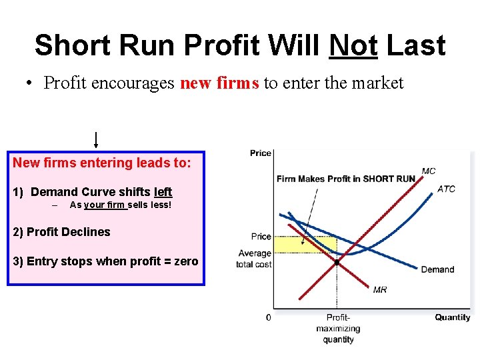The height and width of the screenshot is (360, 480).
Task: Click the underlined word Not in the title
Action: click(353, 46)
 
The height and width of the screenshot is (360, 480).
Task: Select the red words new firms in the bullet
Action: click(220, 83)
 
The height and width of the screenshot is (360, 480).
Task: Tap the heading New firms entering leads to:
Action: click(101, 163)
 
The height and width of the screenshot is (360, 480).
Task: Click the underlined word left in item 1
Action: click(163, 192)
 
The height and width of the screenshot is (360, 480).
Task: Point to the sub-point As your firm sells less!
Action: click(120, 205)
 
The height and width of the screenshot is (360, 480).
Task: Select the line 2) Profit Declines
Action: click(62, 232)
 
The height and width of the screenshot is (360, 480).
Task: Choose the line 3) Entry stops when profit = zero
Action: click(105, 261)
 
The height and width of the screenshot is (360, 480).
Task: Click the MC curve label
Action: click(429, 171)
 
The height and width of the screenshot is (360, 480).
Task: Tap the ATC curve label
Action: click(446, 189)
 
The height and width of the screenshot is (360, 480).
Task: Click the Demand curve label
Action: click(437, 269)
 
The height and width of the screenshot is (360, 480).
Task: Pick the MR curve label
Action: click(379, 289)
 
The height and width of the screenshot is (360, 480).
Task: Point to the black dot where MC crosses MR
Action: click(337, 263)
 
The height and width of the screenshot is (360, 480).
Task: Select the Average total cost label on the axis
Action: click(254, 259)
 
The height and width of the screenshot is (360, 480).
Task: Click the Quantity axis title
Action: click(453, 317)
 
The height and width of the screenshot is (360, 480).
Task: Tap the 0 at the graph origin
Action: click(269, 317)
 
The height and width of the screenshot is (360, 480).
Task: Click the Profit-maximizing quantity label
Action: click(338, 329)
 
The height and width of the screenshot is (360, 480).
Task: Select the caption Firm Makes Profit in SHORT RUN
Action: click(345, 179)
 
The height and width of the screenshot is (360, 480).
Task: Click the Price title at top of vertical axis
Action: click(261, 153)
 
